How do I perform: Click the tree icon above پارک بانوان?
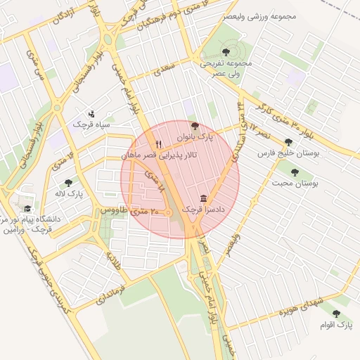tap(195, 125)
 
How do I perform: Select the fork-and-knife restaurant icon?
tap(158, 144)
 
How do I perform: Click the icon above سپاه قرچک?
tap(91, 113)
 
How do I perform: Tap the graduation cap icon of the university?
tap(27, 209)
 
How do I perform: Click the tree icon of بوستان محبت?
tap(294, 172)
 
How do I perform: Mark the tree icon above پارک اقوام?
tap(335, 314)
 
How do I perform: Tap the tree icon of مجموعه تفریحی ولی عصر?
tap(226, 52)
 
